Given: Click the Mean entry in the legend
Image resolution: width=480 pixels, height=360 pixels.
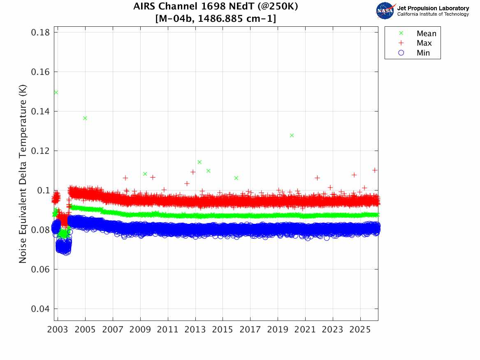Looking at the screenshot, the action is pos(418,33).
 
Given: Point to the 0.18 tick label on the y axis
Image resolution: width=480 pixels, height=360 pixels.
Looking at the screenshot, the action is pos(40,32).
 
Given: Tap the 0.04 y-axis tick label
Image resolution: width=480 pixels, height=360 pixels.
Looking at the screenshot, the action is pos(40,309).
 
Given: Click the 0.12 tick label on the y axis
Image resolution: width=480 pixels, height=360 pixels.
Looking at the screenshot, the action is pos(40,151).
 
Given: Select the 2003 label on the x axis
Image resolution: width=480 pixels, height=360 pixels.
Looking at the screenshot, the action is pos(58,330).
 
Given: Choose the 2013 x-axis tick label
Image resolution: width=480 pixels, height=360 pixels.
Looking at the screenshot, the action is pos(195,330).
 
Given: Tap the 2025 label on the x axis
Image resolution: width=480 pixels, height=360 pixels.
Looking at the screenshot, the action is pos(360,330).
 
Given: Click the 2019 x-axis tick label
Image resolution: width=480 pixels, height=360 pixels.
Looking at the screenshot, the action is pos(278,330).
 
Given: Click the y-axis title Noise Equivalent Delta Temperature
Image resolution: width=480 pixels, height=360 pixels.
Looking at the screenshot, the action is pos(23,174).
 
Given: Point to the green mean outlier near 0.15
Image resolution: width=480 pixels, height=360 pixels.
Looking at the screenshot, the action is pos(56,92).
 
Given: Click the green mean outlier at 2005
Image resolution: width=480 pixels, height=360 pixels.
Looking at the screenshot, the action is pos(85,118).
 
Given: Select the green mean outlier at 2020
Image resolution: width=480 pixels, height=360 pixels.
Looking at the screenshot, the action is pos(292,135).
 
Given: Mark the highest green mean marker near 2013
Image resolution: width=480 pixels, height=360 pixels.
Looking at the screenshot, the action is pos(199,162).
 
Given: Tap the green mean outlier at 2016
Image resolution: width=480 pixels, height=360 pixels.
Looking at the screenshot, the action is pos(237,178).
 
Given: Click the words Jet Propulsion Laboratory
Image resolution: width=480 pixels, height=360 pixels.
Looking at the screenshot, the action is pos(433,8).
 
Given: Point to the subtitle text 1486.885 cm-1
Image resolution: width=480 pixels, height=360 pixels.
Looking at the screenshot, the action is pos(235,19).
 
